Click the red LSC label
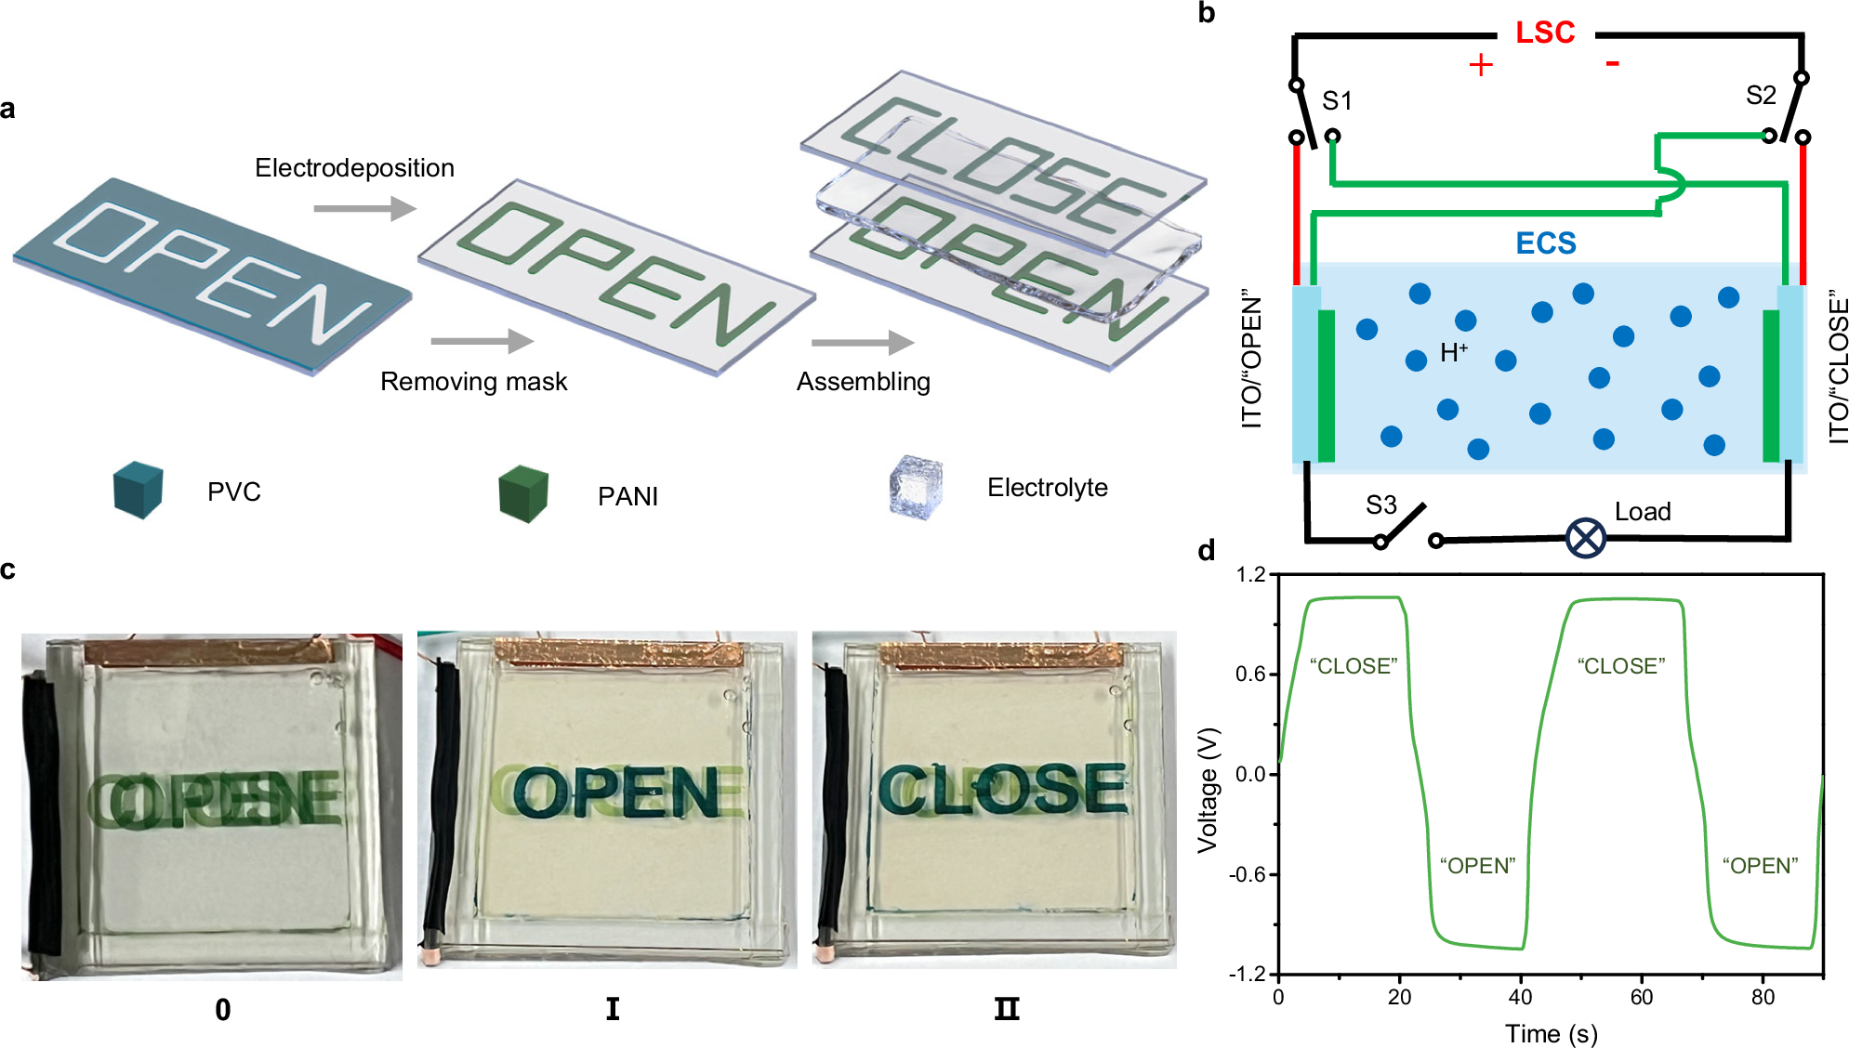pos(1544,33)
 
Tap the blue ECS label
pos(1545,243)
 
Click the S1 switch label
pos(1337,100)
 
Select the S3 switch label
pos(1380,504)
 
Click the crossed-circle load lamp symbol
pos(1585,538)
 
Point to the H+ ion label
pos(1453,353)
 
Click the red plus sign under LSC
pos(1480,65)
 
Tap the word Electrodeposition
pos(354,168)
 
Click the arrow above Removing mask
pos(482,341)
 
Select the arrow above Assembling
pos(862,343)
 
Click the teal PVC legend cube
pos(138,490)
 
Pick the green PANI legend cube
pos(522,494)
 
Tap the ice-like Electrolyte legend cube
pos(915,487)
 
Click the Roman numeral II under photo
pos(1006,1009)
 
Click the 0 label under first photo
pos(222,1010)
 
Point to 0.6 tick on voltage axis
pos(1250,675)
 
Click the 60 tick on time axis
pos(1641,997)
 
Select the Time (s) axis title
pos(1551,1033)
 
